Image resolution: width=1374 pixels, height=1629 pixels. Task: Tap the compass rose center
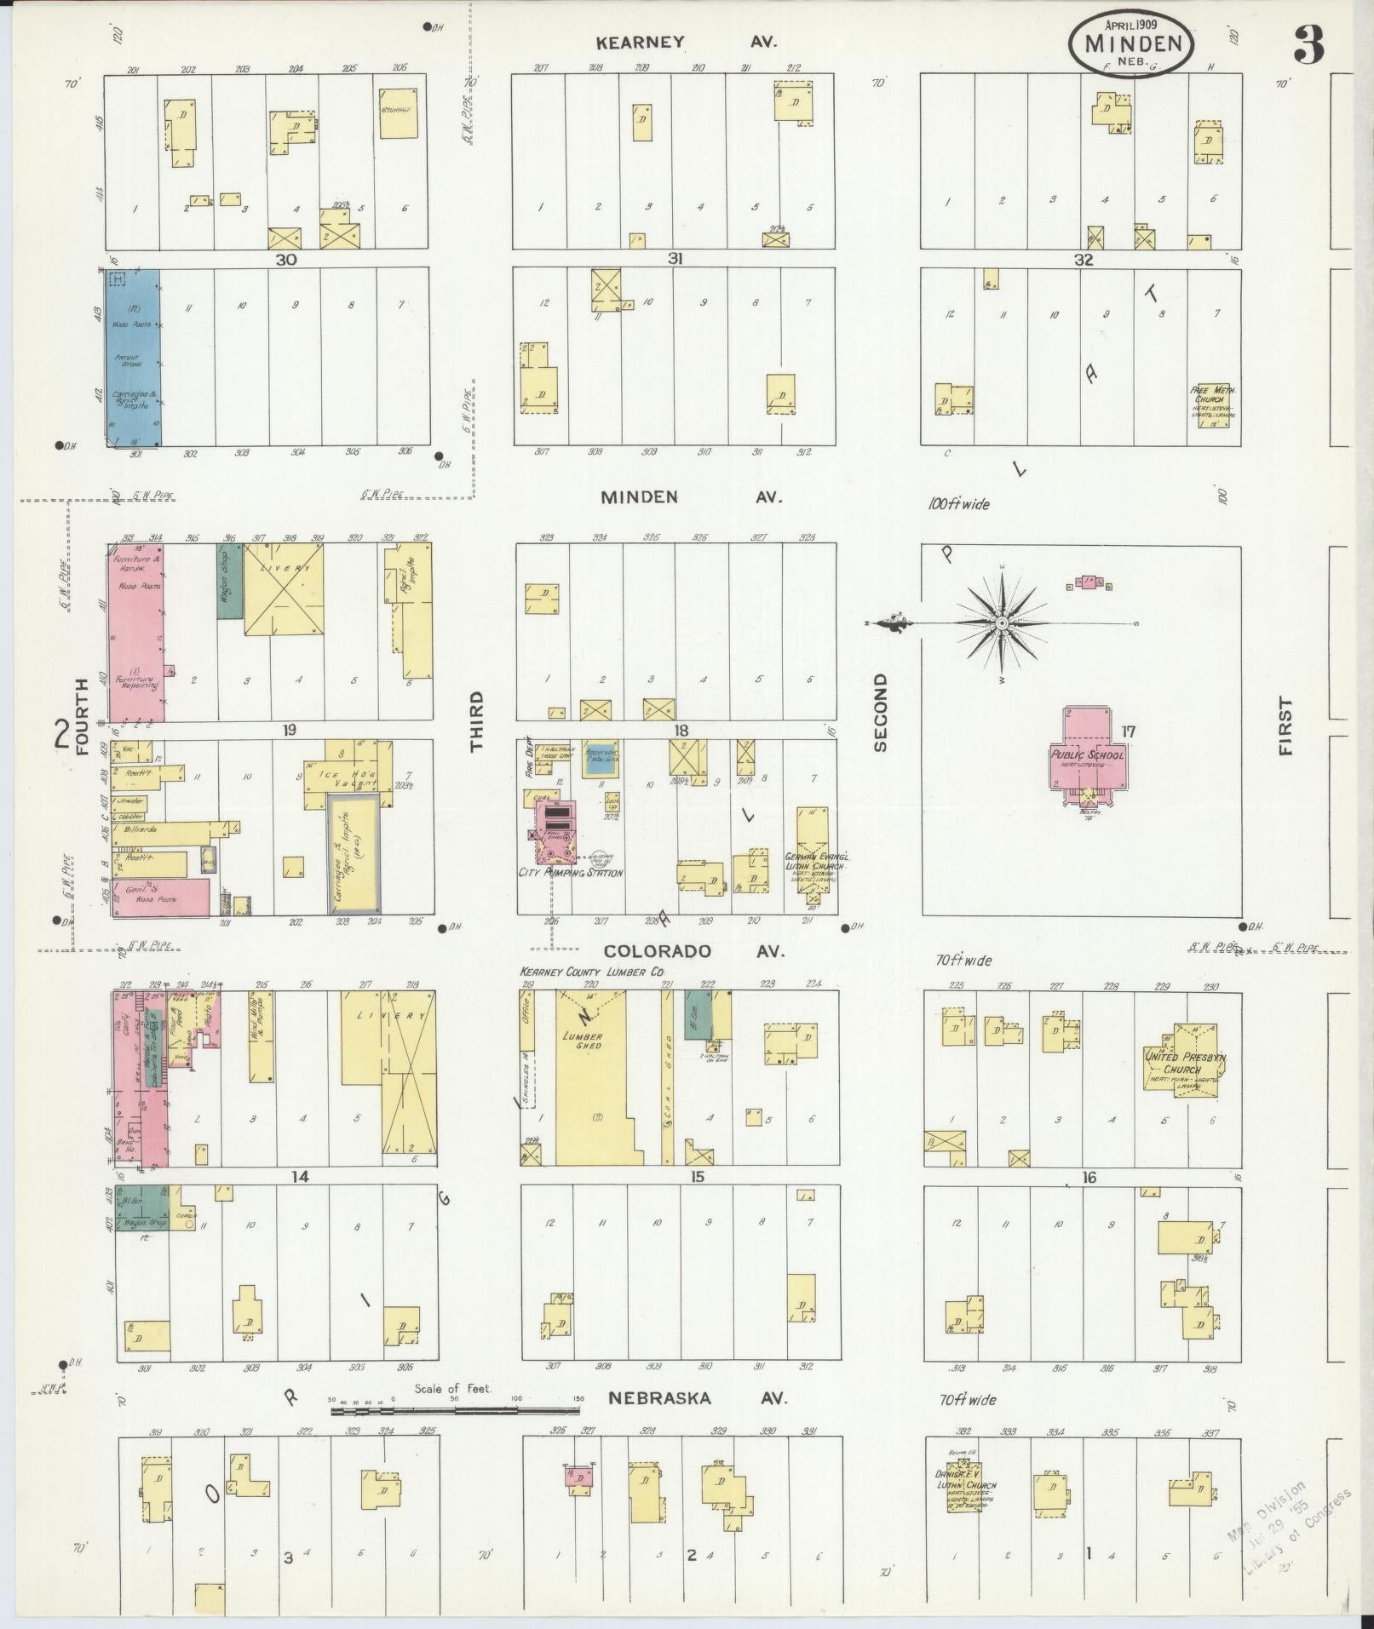point(1003,624)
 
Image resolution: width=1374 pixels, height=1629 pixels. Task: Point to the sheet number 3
point(1308,46)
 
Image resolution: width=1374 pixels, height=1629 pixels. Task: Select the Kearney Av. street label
point(685,42)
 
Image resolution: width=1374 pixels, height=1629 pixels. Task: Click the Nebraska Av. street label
point(698,1398)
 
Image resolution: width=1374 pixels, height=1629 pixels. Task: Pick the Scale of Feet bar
point(456,1411)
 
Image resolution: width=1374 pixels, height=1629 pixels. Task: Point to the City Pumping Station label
point(571,873)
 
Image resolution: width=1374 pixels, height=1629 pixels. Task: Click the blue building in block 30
point(133,357)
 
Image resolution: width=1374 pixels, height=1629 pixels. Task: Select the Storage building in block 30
point(398,112)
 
